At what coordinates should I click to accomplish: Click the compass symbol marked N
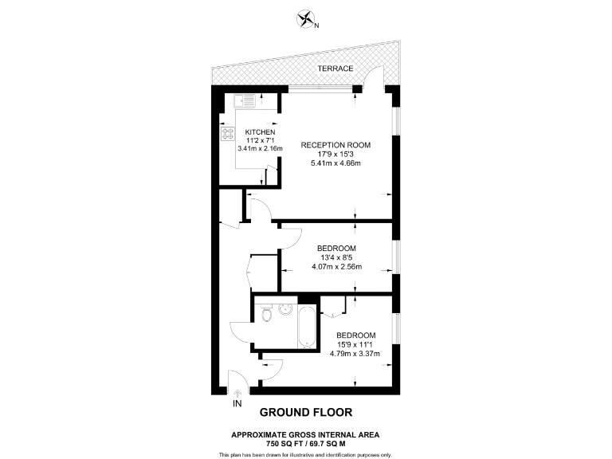(x=306, y=19)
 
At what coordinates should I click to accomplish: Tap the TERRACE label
(x=335, y=69)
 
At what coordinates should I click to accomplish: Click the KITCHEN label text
(x=260, y=131)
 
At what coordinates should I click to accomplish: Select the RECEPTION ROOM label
(x=335, y=145)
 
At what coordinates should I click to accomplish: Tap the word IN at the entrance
(x=237, y=405)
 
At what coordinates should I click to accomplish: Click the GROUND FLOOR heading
(x=306, y=413)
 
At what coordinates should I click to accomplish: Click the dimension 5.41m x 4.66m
(x=335, y=164)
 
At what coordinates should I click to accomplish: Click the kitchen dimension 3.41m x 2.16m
(x=260, y=148)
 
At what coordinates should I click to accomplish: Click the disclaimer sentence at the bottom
(x=306, y=454)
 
